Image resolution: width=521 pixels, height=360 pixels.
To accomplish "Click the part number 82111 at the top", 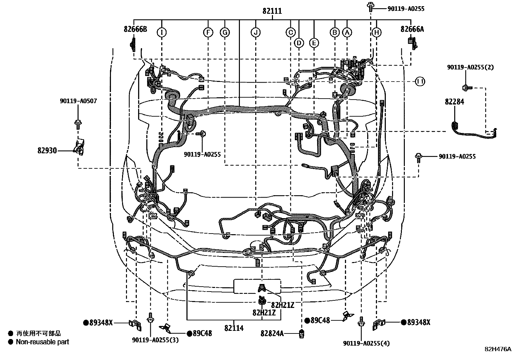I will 272,11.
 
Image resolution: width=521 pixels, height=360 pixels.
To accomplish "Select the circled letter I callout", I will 162,32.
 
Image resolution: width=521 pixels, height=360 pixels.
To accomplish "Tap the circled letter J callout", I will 256,32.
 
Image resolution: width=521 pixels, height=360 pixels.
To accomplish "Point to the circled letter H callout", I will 377,32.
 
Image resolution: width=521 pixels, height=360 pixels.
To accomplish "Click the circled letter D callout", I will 299,43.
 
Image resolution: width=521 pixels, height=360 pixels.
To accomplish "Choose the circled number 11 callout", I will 420,82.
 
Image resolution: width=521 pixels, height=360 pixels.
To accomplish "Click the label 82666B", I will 135,29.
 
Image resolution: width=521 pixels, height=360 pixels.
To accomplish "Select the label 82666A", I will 412,29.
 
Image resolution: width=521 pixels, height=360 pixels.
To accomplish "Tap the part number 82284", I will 454,102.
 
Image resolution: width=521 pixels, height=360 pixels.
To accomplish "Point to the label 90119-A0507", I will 78,101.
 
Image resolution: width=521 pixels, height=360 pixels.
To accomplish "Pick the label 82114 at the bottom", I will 234,328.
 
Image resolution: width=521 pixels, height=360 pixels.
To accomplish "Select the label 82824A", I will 272,333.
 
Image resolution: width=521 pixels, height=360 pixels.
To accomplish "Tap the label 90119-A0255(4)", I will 367,343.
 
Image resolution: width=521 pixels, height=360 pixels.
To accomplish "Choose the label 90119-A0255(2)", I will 470,67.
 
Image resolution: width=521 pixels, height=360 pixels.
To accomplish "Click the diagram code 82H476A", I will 498,349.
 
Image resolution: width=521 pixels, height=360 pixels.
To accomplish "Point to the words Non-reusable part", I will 43,342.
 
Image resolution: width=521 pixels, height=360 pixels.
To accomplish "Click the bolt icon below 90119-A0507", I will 78,124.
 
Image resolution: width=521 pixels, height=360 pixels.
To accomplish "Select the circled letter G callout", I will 225,32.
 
